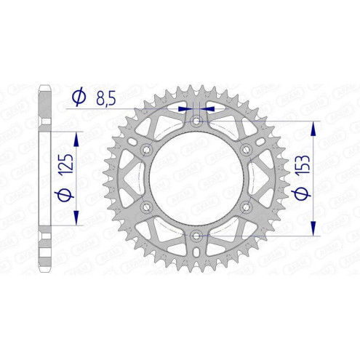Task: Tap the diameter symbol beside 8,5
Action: point(79,95)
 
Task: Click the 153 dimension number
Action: point(299,174)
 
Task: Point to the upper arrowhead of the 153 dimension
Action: point(313,127)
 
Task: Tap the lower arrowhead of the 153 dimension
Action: point(313,228)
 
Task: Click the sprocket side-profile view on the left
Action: point(44,178)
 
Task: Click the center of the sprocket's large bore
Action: point(196,178)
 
